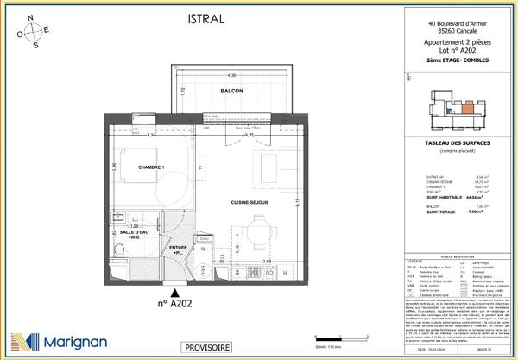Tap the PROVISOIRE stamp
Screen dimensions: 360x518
[207, 347]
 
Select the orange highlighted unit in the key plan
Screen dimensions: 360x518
[464, 107]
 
